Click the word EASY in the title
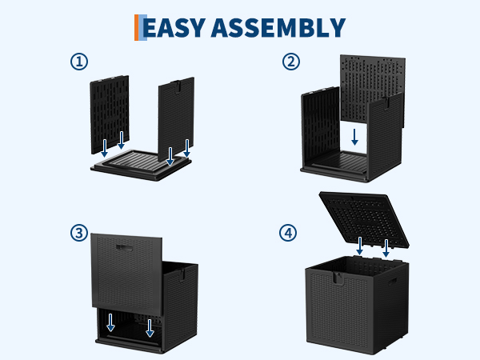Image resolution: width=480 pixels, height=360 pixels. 174,27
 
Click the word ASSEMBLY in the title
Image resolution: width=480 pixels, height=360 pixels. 278,27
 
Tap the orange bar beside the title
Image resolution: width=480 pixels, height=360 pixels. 137,27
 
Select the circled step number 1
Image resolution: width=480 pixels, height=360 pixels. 79,62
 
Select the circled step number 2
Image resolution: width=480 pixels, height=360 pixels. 291,62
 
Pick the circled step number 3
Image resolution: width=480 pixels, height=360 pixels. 79,233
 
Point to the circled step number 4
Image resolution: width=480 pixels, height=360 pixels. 288,233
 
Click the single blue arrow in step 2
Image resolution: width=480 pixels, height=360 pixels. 354,137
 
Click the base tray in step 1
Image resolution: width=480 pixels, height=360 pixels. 141,166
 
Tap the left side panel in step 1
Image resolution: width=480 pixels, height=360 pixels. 110,114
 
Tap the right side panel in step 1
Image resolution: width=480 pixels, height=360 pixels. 176,118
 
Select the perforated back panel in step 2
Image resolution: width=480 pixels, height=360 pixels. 373,89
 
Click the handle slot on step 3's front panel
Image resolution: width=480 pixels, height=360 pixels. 124,247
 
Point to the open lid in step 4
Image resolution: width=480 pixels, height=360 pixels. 364,219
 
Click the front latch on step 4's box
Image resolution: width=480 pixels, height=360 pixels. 338,278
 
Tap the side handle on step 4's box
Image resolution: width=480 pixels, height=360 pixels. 393,281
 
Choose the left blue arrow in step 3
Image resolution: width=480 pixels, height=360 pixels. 110,322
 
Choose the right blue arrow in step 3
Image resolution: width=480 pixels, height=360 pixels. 150,328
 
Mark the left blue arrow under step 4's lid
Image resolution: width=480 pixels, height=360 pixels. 360,246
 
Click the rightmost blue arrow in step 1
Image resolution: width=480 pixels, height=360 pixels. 186,148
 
